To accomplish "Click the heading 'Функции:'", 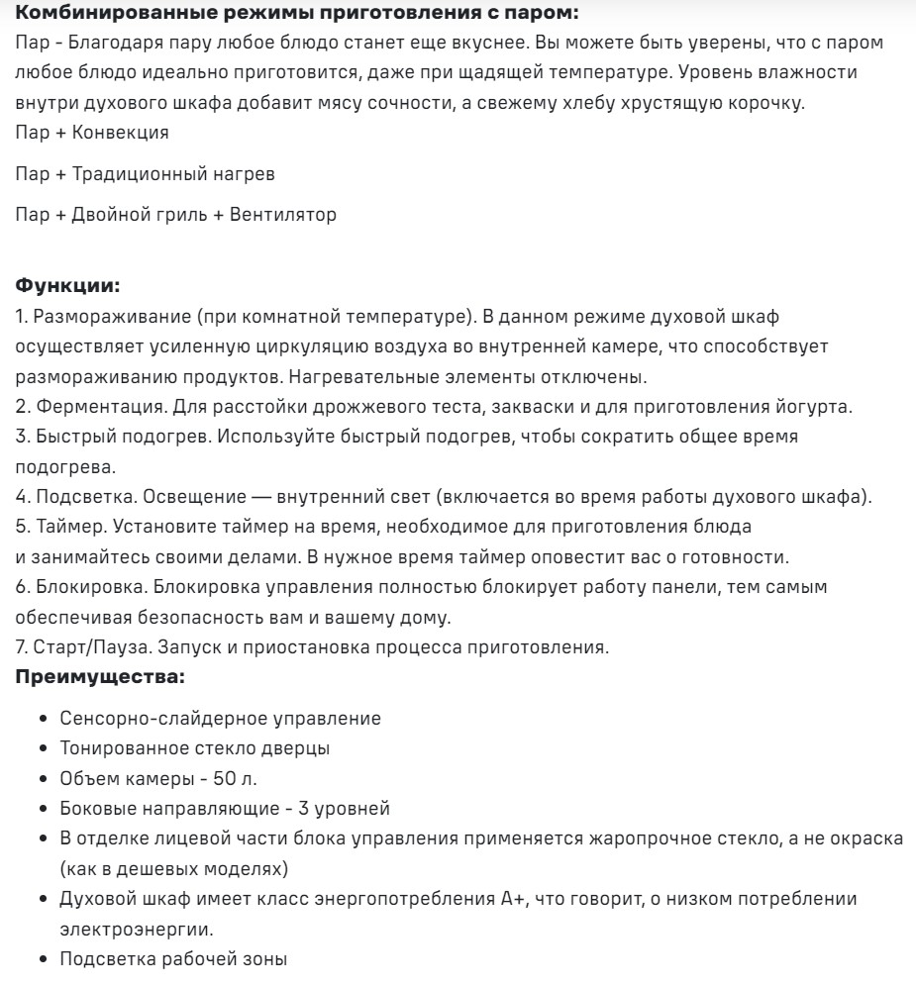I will click(68, 287).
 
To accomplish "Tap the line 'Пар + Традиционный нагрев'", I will click(146, 173).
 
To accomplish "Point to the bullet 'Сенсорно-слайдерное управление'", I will click(220, 719).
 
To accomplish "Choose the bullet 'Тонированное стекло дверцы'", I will click(195, 748).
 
